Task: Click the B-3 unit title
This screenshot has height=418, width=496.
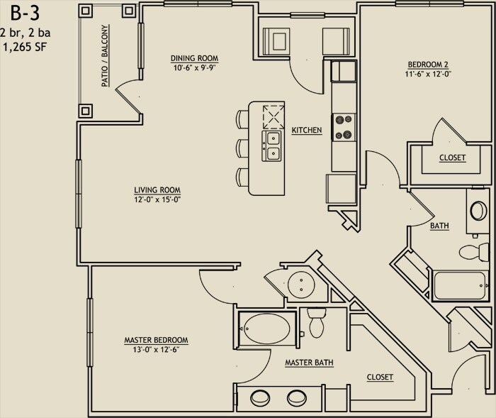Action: (26, 13)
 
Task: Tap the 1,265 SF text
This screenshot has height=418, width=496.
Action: (25, 47)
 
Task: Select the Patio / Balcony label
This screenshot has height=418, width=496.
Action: (105, 56)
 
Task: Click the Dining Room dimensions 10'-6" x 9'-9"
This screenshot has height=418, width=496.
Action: (195, 67)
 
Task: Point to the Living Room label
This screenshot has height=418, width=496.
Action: (157, 189)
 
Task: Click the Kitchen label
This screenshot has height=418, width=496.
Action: (307, 130)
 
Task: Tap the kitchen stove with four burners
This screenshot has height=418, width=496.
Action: (344, 128)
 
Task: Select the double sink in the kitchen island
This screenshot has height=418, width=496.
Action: (271, 146)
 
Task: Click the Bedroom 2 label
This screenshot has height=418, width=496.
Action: (428, 65)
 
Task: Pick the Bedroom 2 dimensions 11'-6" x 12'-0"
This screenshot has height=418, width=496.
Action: (428, 74)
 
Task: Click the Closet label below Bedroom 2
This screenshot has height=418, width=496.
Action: (452, 158)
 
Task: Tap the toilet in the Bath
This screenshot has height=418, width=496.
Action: (474, 252)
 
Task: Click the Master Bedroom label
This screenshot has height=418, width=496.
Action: (157, 340)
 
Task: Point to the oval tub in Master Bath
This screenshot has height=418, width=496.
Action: (267, 329)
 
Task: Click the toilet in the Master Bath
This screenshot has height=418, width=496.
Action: (317, 323)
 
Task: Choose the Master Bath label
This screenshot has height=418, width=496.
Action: (309, 363)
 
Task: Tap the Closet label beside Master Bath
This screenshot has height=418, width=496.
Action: (380, 377)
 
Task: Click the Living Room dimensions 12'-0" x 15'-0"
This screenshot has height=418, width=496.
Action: (157, 199)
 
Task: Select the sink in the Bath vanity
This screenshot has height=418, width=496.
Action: (478, 211)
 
